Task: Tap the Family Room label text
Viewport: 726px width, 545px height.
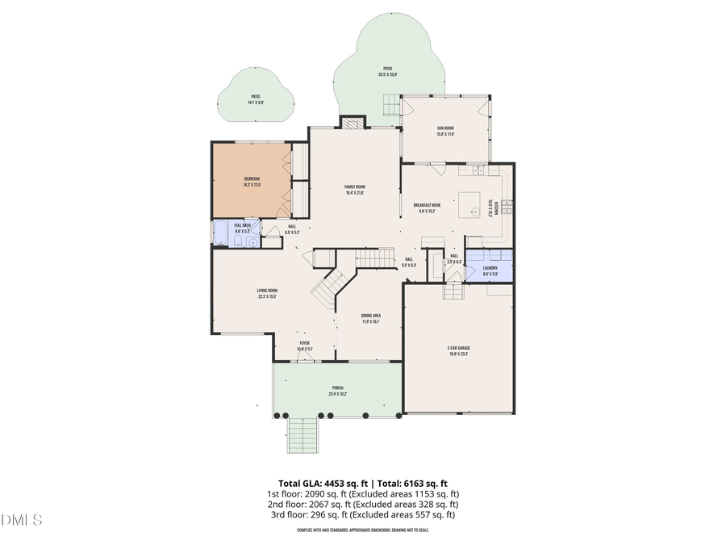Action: click(x=355, y=190)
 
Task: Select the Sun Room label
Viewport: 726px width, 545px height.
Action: click(x=445, y=131)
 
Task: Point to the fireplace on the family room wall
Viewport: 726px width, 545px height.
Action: click(x=352, y=123)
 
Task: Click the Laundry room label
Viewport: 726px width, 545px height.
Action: click(x=490, y=270)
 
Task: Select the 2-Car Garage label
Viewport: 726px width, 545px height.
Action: click(x=458, y=350)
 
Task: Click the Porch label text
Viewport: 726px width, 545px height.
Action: click(x=336, y=391)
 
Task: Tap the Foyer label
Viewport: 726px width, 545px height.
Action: click(x=304, y=346)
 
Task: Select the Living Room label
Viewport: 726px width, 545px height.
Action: click(x=267, y=293)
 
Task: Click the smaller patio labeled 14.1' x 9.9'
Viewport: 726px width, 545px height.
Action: click(x=255, y=99)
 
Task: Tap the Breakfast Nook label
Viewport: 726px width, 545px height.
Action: click(x=427, y=208)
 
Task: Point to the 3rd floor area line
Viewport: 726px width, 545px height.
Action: click(x=362, y=514)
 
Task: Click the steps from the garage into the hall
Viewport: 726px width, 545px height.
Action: click(x=453, y=291)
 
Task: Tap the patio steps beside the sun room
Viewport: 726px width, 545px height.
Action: click(x=390, y=104)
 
